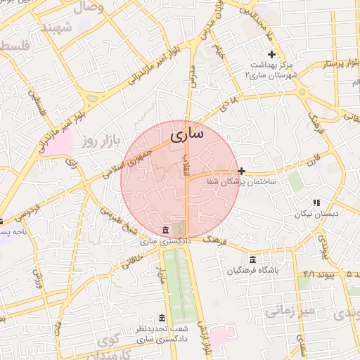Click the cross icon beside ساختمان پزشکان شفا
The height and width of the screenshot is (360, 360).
click(x=242, y=171)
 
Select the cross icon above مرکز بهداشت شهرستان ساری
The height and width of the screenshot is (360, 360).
click(x=272, y=55)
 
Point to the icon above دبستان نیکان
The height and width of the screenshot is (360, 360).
click(x=316, y=202)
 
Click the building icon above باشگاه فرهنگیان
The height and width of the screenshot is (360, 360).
click(x=253, y=259)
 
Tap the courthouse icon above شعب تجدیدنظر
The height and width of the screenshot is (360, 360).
click(x=162, y=318)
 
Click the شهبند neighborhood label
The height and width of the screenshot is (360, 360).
click(x=57, y=27)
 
